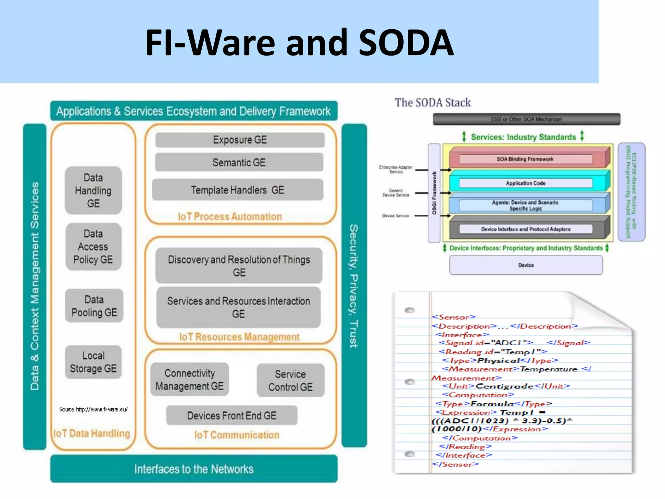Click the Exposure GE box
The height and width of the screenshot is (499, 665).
pos(240,140)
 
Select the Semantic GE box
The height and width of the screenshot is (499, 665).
pos(239,162)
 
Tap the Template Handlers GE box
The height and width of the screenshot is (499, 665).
pos(237,190)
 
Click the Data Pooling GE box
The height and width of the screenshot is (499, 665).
pos(94,306)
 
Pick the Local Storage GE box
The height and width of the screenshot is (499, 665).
pos(93,362)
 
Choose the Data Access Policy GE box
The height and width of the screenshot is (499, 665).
pos(93,247)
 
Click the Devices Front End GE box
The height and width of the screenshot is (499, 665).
pos(232,416)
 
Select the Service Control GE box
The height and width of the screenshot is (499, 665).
pos(290,380)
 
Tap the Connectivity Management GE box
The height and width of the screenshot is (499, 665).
pos(190,379)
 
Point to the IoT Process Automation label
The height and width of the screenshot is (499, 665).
pos(230,217)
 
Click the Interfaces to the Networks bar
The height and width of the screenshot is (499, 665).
pos(194,469)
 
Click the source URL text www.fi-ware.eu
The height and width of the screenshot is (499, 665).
pos(94,409)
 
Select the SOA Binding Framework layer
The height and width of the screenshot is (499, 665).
pos(525,159)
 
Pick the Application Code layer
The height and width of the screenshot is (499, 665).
pos(525,183)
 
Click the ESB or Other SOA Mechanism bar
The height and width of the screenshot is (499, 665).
pos(526,119)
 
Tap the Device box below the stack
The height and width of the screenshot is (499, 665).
pos(526,265)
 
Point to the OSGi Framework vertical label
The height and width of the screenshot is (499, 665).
pos(434,193)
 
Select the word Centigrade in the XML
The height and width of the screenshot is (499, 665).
pos(504,386)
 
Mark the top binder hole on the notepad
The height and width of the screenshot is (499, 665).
pos(410,310)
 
